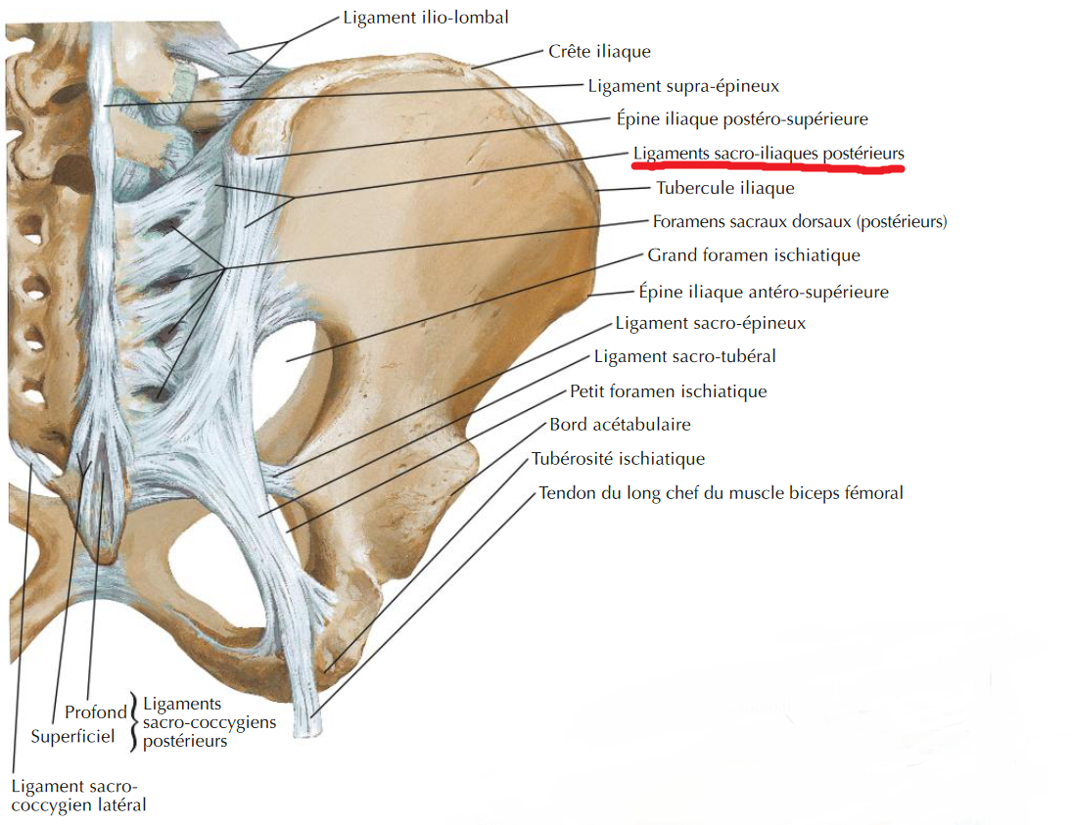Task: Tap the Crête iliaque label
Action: tap(599, 51)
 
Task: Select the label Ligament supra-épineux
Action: tap(683, 86)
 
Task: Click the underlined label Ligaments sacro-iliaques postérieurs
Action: tap(769, 154)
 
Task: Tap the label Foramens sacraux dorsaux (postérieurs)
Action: tap(800, 221)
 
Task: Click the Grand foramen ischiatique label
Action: tap(754, 255)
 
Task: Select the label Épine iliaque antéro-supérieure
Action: tap(764, 291)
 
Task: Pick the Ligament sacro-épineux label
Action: tap(710, 323)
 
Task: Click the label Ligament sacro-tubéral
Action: tap(685, 356)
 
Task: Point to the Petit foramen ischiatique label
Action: tap(669, 391)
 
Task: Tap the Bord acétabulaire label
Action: tap(620, 425)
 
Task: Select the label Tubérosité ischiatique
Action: tap(618, 458)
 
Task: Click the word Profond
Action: tap(96, 712)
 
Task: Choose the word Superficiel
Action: tap(73, 736)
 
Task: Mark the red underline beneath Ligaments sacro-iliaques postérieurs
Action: tap(767, 168)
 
